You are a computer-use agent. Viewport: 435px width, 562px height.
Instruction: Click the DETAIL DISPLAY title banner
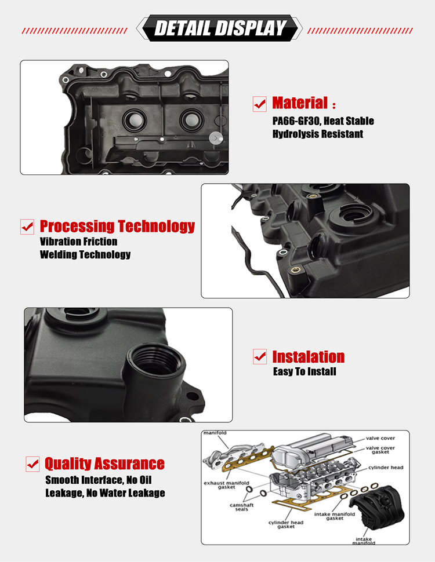coord(220,28)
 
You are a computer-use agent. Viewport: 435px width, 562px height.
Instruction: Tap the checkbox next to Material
coord(259,104)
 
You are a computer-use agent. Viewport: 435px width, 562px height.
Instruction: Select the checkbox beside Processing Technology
coord(27,227)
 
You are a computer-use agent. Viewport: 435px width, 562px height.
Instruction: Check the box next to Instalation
coord(260,357)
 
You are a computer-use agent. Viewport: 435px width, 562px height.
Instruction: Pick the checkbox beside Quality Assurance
coord(32,464)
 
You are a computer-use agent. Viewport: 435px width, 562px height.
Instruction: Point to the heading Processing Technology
coord(117,226)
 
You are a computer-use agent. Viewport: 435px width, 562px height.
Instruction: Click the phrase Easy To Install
coord(304,371)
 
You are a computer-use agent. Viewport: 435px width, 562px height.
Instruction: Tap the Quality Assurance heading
coord(105,464)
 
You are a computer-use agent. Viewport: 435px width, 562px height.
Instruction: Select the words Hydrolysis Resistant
coord(318,134)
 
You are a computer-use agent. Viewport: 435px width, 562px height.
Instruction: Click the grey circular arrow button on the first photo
coord(216,138)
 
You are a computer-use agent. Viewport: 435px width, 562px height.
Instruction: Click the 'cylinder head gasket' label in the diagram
coord(286,524)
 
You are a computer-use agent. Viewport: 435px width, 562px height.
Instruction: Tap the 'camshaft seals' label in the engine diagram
coord(241,507)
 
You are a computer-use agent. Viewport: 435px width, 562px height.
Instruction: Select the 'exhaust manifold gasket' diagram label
coord(226,485)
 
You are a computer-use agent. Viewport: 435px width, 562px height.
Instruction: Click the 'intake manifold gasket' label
coord(335,516)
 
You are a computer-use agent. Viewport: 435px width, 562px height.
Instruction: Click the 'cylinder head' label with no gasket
coord(386,468)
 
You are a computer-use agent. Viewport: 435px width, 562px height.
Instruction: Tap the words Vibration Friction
coord(79,242)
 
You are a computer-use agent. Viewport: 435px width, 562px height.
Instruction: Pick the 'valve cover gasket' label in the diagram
coord(380,450)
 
